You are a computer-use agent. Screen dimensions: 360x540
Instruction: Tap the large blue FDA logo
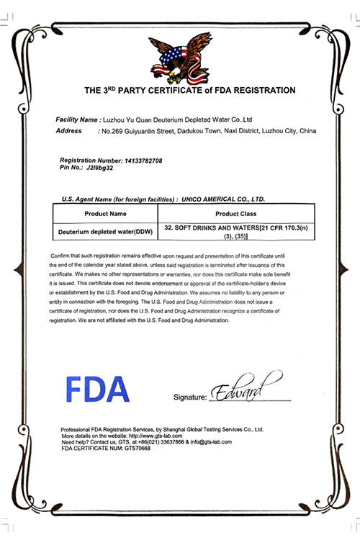tap(98, 390)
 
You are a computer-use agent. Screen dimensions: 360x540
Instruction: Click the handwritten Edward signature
tap(242, 390)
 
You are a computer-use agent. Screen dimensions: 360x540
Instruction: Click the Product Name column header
tap(105, 214)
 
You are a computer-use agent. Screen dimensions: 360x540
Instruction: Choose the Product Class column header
tap(236, 214)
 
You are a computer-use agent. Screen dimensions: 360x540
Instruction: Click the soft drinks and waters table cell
tap(236, 232)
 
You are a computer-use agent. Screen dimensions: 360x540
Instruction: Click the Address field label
tap(71, 131)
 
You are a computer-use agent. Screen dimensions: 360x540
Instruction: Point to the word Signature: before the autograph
tap(190, 397)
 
